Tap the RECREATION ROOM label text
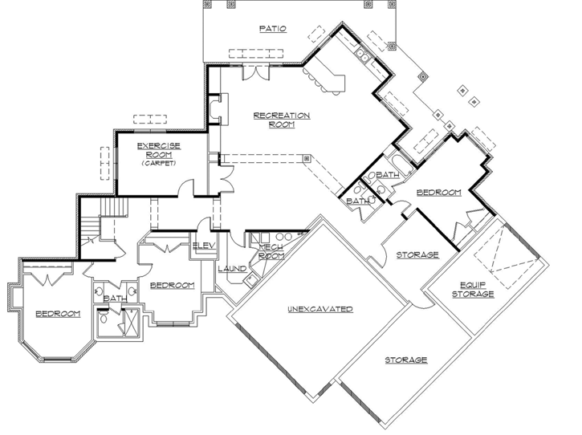[x=281, y=120]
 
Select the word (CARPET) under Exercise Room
[x=157, y=163]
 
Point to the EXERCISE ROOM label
[x=158, y=149]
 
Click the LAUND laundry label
[x=232, y=269]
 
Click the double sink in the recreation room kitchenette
[x=364, y=56]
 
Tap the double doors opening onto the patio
[x=255, y=74]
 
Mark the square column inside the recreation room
[x=307, y=157]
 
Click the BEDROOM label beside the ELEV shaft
[x=173, y=286]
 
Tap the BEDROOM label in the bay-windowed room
[x=58, y=314]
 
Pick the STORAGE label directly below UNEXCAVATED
[x=405, y=360]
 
